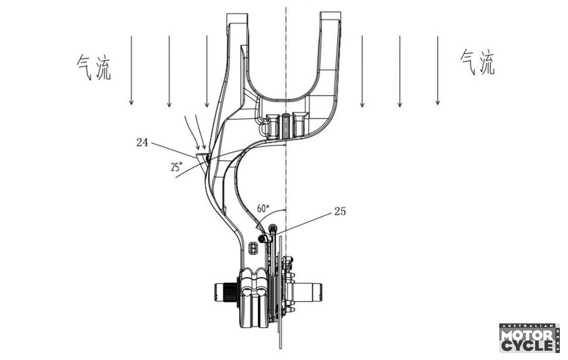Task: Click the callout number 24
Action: (142, 142)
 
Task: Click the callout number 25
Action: (340, 211)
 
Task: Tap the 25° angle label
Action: (176, 167)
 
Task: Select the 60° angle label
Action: (263, 208)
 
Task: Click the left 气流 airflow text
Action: (94, 67)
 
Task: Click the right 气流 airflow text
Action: (477, 62)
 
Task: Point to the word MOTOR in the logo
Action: (527, 336)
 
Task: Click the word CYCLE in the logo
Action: (527, 346)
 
